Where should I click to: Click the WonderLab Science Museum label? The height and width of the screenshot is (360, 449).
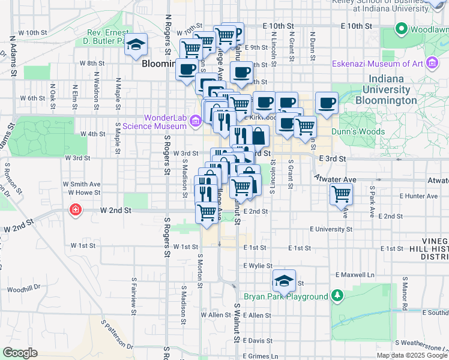(155, 122)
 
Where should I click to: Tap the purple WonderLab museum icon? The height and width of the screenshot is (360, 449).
(195, 122)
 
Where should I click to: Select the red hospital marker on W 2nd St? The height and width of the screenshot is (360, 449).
(75, 211)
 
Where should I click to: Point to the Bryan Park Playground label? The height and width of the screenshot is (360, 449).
(286, 296)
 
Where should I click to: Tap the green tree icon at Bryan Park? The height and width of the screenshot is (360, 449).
(337, 296)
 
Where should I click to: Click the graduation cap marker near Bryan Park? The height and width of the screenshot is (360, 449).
(284, 280)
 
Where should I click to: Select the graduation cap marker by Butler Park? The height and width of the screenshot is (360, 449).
(136, 44)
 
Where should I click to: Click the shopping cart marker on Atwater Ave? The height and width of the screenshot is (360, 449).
(341, 194)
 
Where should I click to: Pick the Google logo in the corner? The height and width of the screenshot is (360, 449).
(20, 353)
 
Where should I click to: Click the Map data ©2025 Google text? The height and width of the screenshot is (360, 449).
(412, 355)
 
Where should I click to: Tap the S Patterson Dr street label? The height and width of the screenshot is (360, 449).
(118, 335)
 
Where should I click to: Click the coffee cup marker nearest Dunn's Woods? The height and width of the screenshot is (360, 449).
(327, 103)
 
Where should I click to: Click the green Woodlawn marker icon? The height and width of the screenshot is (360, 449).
(401, 28)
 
